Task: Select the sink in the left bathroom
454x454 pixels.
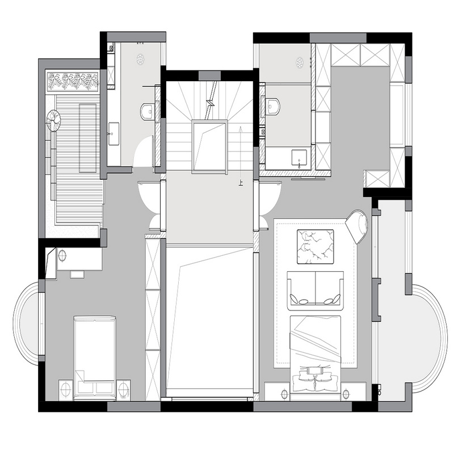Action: pos(113,133)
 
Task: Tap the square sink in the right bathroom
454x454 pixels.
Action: pos(299,158)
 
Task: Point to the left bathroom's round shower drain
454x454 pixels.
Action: pos(140,60)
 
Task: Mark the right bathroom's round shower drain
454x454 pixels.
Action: pos(300,62)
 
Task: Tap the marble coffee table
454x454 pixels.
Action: pos(315,246)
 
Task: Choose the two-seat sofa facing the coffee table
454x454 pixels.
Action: pos(316,291)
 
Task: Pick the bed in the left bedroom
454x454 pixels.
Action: pos(95,358)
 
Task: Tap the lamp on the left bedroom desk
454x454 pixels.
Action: pos(62,256)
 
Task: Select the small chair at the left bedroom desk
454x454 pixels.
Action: pos(77,274)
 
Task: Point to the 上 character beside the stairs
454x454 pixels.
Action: pos(240,183)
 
